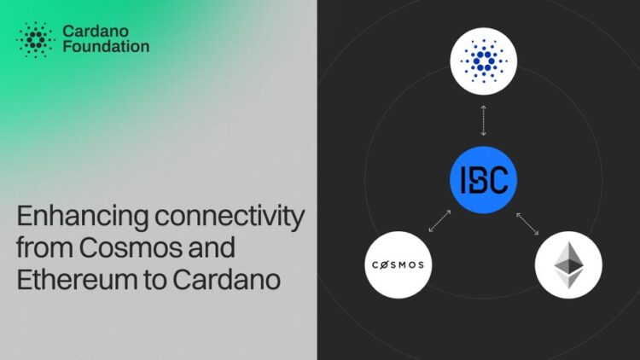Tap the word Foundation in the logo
point(106,47)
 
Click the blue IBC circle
point(483,180)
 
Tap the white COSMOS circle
point(398,264)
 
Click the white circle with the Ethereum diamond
point(568,264)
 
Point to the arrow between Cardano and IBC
point(483,120)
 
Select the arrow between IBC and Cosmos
point(439,220)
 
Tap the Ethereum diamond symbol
point(568,264)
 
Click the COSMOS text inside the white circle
point(398,264)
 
